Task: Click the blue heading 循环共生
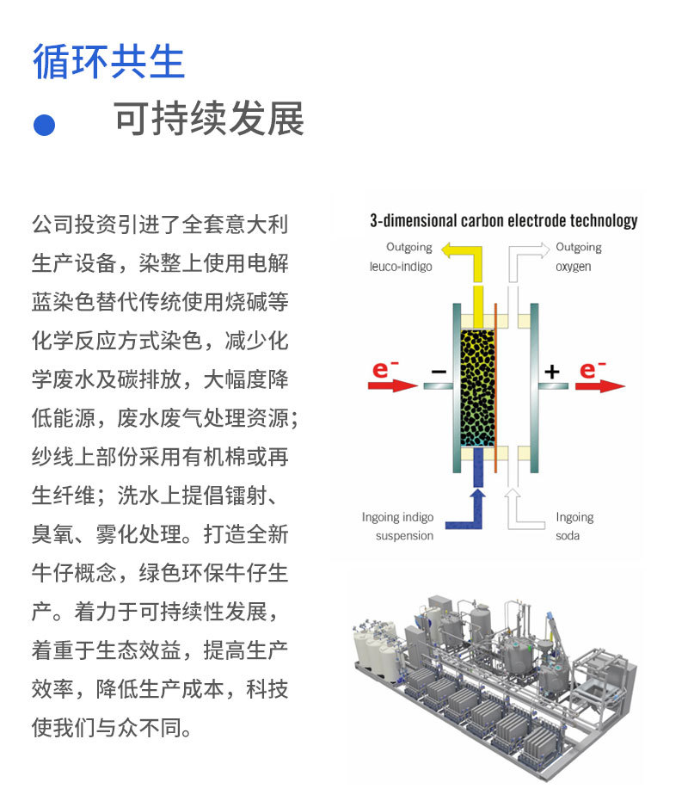tap(108, 61)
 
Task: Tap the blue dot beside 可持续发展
tap(44, 124)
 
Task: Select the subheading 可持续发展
tap(209, 120)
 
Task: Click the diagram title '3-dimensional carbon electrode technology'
tap(503, 220)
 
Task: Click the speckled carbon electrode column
tap(478, 387)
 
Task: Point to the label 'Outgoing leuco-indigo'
tap(396, 256)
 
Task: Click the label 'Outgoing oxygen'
tap(578, 256)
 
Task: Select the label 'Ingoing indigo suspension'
tap(397, 527)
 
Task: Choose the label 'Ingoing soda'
tap(574, 527)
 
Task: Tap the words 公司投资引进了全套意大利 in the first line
tap(160, 225)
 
